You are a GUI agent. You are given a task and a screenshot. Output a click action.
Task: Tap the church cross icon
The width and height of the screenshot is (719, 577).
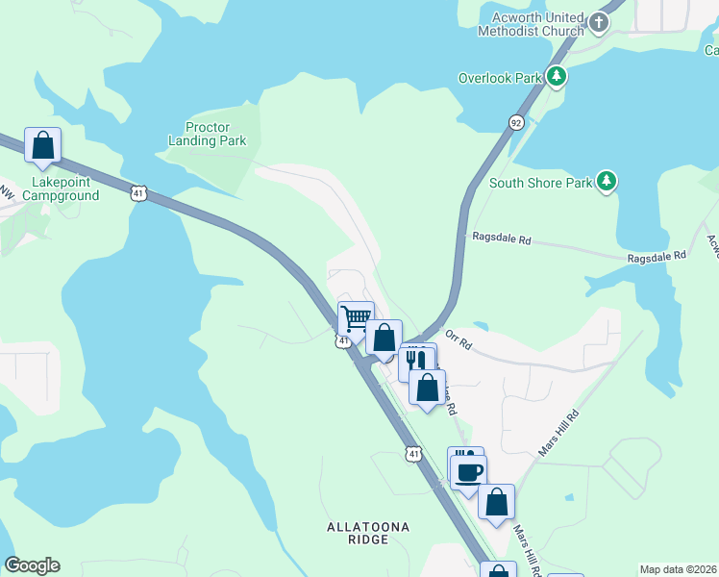tap(599, 21)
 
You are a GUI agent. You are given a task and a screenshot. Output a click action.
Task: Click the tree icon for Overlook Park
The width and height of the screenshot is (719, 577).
tap(557, 77)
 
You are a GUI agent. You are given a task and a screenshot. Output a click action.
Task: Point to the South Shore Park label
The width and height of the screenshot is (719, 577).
tap(539, 183)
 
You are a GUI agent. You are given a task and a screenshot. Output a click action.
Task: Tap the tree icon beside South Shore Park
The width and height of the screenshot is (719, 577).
tap(606, 181)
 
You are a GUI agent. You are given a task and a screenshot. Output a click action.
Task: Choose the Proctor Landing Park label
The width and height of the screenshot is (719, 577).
tap(216, 134)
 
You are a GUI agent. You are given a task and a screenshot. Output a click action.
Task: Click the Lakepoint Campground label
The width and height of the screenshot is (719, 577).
tap(65, 188)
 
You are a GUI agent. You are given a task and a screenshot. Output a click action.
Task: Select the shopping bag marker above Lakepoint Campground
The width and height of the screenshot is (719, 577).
tap(42, 146)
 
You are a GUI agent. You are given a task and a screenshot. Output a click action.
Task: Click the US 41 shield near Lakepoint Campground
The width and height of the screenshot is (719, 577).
tap(139, 194)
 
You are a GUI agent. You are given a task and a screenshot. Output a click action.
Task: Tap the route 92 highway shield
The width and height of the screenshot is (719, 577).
tap(516, 122)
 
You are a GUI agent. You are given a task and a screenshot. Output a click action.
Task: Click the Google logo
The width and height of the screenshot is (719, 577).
tap(32, 565)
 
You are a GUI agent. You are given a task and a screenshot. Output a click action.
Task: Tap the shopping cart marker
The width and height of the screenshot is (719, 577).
tap(356, 318)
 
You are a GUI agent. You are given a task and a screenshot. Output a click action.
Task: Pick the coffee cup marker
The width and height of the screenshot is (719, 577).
tap(469, 472)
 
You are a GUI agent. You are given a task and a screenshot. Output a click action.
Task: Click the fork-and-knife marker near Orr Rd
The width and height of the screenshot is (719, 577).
tap(417, 361)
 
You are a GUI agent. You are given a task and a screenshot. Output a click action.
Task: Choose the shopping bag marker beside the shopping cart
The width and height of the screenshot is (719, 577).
tap(384, 338)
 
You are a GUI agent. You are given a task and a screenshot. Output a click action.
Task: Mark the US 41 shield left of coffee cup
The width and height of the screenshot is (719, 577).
tap(412, 454)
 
